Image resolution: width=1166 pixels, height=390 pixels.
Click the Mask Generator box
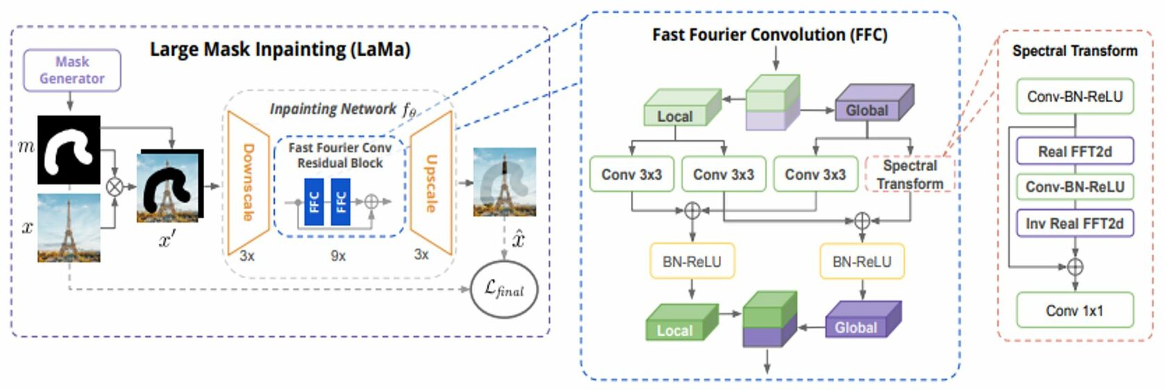72,70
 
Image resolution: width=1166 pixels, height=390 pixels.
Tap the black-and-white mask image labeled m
69,150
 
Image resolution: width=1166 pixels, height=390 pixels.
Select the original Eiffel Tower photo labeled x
69,227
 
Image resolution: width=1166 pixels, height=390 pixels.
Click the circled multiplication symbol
114,186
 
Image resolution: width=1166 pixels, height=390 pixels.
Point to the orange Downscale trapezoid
247,183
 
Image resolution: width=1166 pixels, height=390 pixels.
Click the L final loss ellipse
504,289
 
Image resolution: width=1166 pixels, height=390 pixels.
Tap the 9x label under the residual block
338,256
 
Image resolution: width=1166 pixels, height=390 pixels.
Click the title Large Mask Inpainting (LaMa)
280,49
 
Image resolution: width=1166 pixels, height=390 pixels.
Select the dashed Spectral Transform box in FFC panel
910,174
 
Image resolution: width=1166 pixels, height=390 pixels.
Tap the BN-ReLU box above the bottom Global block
862,261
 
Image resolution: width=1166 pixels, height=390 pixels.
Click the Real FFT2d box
1074,151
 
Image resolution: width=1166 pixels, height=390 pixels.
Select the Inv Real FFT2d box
1074,223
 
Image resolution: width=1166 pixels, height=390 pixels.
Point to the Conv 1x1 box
1074,310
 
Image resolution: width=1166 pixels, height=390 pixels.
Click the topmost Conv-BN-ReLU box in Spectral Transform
1074,97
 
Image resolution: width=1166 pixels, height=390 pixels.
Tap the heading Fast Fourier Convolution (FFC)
770,35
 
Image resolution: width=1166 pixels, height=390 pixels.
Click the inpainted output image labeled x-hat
505,182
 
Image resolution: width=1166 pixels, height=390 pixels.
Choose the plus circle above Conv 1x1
1074,266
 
